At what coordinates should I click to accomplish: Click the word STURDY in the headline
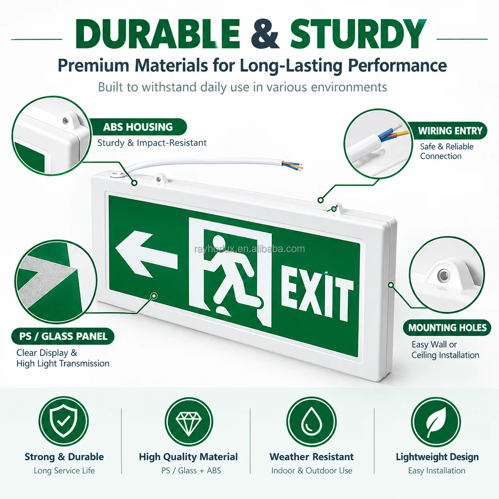point(358,34)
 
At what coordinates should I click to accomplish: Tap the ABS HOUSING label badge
point(138,127)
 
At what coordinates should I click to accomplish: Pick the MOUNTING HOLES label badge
point(447,327)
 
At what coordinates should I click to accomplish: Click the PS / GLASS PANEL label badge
point(63,336)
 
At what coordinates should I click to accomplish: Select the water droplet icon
point(312,421)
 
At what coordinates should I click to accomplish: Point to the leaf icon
point(436,421)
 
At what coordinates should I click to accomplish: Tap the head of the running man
point(219,243)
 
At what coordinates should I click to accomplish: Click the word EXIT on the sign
point(317,298)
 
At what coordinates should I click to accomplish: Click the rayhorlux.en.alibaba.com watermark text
point(249,249)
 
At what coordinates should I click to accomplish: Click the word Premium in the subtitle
point(94,66)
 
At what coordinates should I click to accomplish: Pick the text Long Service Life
point(64,470)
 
